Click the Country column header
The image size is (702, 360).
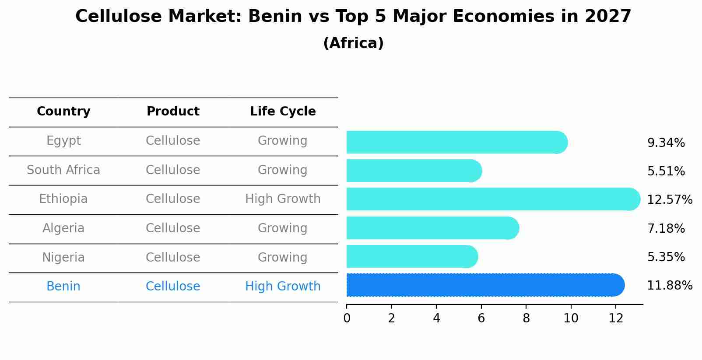63,112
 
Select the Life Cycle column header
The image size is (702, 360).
283,112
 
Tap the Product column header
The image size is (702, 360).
173,112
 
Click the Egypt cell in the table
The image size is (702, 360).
63,141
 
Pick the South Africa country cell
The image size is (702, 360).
63,170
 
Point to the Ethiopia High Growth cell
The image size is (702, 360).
283,199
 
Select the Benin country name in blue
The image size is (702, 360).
63,287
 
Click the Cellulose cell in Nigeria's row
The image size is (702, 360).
173,257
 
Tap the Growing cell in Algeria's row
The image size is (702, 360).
283,228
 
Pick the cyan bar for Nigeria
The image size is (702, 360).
411,257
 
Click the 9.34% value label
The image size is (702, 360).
666,143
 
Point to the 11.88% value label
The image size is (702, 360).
669,286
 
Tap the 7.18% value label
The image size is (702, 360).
666,229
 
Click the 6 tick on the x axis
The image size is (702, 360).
481,318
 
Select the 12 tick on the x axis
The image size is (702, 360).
616,318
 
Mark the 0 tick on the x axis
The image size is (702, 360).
347,318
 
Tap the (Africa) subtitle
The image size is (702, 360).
353,43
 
